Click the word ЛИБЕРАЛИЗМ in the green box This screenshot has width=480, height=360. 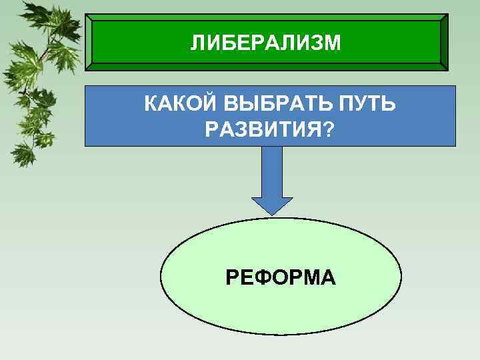pyautogui.click(x=265, y=43)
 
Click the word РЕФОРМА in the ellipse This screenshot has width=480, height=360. pyautogui.click(x=280, y=275)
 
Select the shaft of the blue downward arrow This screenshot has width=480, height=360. pyautogui.click(x=271, y=170)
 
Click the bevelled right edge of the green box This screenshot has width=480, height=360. pyautogui.click(x=444, y=41)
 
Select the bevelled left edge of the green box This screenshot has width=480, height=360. pyautogui.click(x=89, y=41)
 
